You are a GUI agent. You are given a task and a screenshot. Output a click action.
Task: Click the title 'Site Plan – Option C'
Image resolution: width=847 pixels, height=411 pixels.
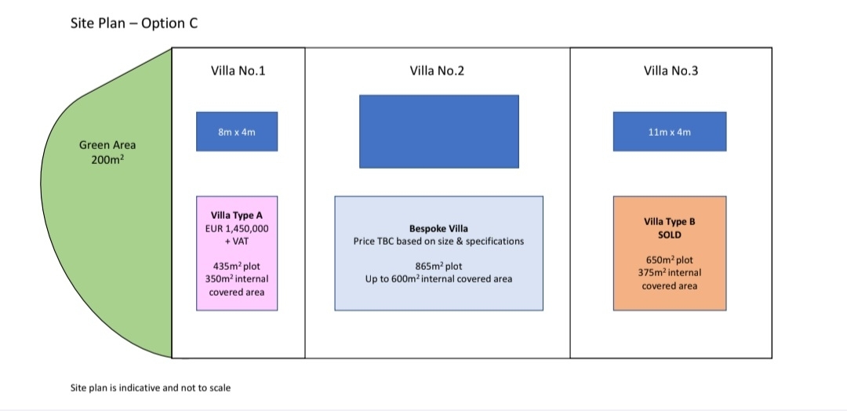click(x=134, y=24)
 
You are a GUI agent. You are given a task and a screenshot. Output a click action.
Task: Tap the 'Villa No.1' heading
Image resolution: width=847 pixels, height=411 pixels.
click(x=238, y=71)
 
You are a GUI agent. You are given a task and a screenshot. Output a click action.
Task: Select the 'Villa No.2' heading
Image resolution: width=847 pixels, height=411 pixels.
click(x=437, y=71)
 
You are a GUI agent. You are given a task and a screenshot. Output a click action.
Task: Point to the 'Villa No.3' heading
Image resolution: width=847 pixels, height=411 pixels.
click(x=671, y=71)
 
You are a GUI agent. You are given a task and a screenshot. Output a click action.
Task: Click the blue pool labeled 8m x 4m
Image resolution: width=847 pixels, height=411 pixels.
click(x=237, y=132)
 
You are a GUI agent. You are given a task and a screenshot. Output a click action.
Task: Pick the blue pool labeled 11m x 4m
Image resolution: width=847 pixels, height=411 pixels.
click(x=670, y=132)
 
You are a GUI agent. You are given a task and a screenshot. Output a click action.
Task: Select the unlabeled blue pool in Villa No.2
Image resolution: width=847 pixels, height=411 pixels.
click(x=439, y=132)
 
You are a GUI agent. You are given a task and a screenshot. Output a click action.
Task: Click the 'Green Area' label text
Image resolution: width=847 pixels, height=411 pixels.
click(x=107, y=145)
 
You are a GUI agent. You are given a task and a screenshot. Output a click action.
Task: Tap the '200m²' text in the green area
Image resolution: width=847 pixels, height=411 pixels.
click(x=107, y=160)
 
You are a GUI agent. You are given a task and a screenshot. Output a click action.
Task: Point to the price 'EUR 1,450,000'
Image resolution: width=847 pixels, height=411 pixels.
click(x=237, y=228)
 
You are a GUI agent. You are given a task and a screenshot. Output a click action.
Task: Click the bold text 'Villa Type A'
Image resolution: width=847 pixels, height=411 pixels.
click(x=237, y=216)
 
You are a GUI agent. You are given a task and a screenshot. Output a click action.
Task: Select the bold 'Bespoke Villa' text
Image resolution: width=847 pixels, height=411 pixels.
click(x=438, y=228)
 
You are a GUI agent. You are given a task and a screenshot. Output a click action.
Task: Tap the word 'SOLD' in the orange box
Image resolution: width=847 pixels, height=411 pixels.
click(x=670, y=235)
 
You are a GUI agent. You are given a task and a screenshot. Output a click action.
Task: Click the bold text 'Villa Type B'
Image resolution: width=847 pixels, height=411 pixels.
click(x=670, y=222)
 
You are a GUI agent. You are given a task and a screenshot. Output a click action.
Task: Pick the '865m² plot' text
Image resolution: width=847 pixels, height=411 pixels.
click(x=438, y=266)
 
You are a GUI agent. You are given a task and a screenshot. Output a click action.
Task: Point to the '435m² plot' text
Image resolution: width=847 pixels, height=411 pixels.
click(x=237, y=266)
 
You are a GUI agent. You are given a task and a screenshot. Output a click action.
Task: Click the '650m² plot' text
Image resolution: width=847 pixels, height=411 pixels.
click(x=670, y=260)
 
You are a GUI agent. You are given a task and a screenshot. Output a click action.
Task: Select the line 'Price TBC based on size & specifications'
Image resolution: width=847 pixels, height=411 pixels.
click(x=438, y=242)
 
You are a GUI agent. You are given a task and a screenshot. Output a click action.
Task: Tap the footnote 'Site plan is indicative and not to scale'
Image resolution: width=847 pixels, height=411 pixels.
click(x=150, y=387)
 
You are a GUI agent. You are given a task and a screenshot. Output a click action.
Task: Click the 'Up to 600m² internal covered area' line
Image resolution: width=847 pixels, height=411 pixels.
click(x=438, y=279)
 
